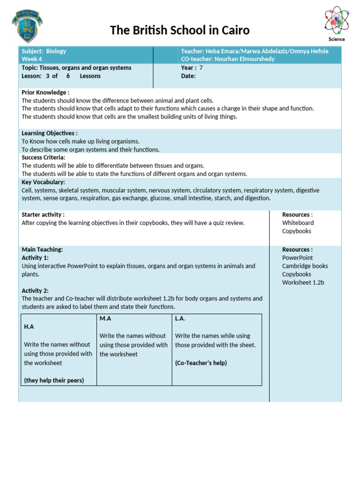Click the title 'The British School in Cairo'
point(180,30)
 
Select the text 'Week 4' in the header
point(31,59)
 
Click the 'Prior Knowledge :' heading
point(45,92)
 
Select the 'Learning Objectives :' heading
point(50,133)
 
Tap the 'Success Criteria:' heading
point(44,157)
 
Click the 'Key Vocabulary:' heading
point(43,182)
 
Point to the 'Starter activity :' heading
point(43,215)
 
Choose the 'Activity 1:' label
point(35,258)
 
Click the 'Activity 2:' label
point(35,291)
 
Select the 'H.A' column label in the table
point(29,327)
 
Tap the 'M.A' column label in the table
point(105,318)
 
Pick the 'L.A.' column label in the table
point(180,318)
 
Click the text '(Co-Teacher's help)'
point(201,363)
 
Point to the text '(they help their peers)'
point(54,380)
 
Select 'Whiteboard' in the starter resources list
point(298,223)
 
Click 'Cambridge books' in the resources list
point(305,266)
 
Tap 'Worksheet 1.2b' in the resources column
point(303,282)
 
